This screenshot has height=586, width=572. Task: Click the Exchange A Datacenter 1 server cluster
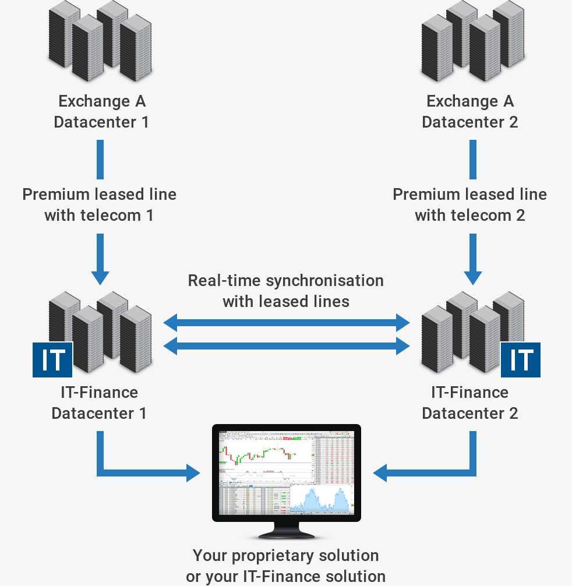coord(100,42)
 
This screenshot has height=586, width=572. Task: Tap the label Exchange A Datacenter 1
coord(101,112)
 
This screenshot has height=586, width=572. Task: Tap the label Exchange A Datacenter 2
coord(469,112)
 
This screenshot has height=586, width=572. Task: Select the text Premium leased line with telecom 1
coord(100,204)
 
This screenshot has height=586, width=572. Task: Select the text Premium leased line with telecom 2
coord(469,204)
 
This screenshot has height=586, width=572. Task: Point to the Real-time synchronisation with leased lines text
coord(286,291)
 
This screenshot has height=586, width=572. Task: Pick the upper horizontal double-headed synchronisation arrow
coord(287,322)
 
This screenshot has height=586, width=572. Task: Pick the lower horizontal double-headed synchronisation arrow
coord(287,347)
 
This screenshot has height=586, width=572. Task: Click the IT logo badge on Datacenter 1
coord(52,360)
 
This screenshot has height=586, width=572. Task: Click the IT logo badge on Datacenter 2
coord(521,360)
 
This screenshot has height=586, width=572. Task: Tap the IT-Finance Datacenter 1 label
coord(99,403)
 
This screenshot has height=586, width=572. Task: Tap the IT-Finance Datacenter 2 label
coord(469,403)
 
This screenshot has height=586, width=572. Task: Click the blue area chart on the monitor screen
coord(321,501)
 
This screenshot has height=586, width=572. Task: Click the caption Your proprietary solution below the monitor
coord(285,556)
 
